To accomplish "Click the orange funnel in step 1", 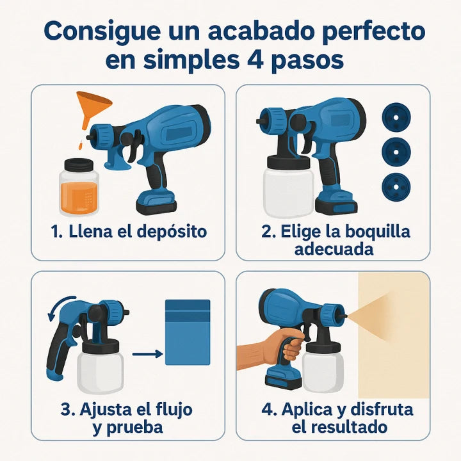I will (91, 106).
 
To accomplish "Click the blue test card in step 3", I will (188, 332).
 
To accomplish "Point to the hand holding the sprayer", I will (282, 346).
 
